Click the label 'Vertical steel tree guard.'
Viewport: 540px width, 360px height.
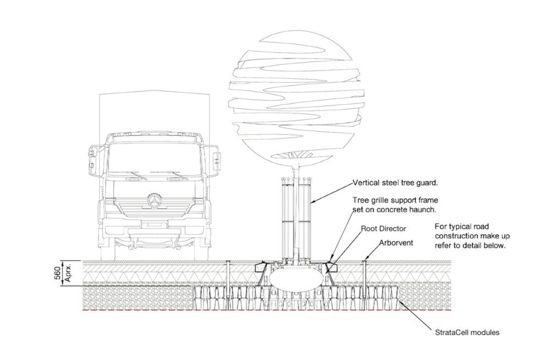[x=395, y=181]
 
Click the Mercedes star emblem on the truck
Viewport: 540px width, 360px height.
[x=155, y=198]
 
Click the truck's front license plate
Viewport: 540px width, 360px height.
[x=154, y=225]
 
